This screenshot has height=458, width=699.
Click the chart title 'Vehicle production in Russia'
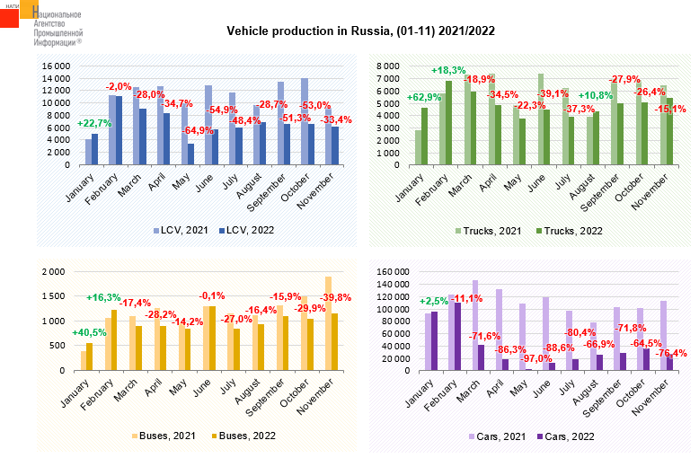coord(360,31)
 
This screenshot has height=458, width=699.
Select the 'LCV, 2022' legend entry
coord(245,230)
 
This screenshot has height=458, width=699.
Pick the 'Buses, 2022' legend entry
coord(244,436)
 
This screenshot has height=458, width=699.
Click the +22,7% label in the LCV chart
coord(94,124)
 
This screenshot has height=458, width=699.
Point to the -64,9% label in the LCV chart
coord(199,131)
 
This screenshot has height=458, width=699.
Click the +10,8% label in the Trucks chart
coord(597,95)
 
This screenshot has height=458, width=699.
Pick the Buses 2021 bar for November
coord(328,323)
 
